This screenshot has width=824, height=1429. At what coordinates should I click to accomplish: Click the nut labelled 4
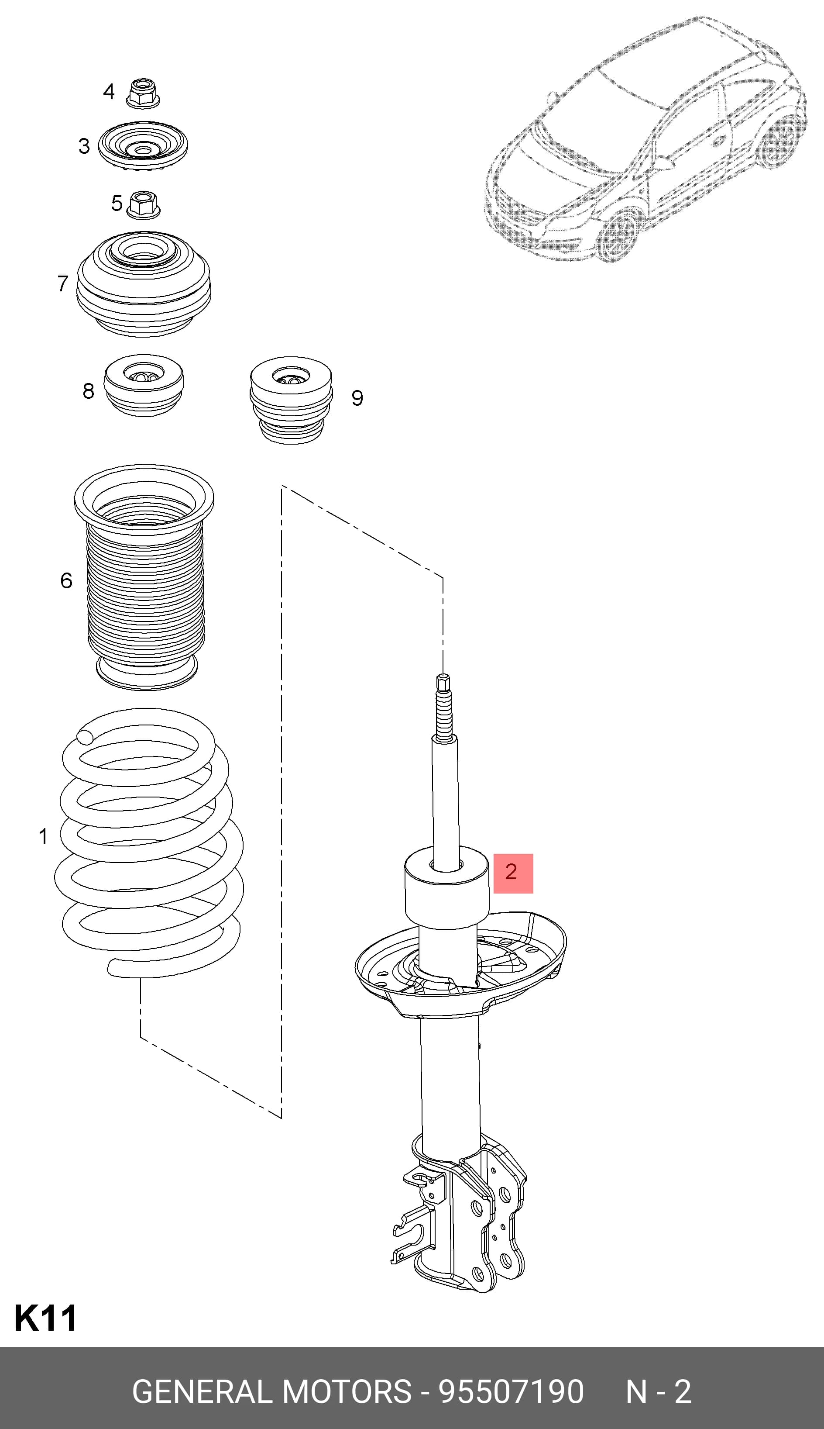pyautogui.click(x=143, y=93)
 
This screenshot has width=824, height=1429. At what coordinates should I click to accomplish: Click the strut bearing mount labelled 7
pyautogui.click(x=143, y=283)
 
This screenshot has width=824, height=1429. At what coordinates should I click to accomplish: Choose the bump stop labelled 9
pyautogui.click(x=291, y=400)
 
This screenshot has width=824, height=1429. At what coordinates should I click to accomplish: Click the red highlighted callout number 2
pyautogui.click(x=513, y=873)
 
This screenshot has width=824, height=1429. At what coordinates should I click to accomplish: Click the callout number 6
pyautogui.click(x=66, y=580)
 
